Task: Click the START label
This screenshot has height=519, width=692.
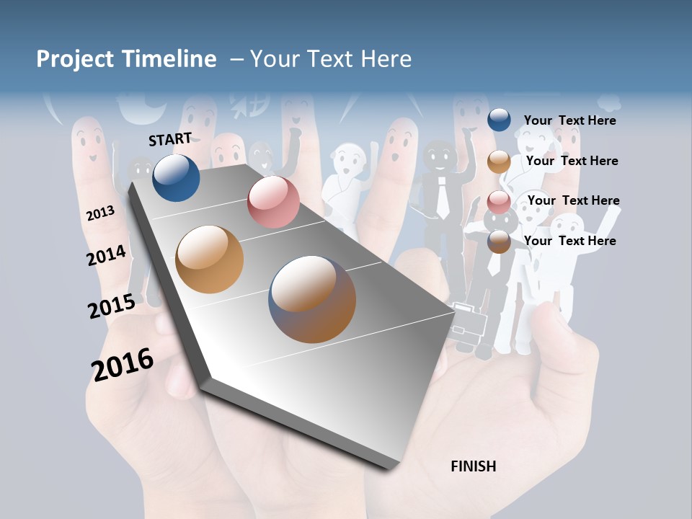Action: (170, 139)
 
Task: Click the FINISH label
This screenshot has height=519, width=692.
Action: (473, 466)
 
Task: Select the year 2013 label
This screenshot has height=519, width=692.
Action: (100, 213)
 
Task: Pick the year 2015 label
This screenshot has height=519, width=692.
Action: (111, 306)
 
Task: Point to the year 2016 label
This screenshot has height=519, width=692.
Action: (123, 365)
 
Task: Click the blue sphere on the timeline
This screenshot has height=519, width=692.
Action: (176, 177)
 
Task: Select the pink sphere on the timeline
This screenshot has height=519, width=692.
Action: (273, 202)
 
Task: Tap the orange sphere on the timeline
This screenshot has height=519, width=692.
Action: (210, 259)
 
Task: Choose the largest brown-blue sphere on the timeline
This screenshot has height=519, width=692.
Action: (312, 299)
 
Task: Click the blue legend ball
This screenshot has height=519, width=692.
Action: (499, 120)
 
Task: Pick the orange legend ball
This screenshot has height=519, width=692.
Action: (499, 161)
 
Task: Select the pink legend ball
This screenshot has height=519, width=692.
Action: (499, 201)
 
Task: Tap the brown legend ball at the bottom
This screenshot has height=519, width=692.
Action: (499, 241)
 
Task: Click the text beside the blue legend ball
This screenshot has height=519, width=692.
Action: (569, 120)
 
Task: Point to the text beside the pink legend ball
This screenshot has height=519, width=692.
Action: (573, 200)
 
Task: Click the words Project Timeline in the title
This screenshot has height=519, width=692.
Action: (126, 59)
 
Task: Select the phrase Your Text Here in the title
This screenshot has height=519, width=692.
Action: (331, 59)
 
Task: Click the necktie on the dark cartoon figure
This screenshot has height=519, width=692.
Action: (443, 202)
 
